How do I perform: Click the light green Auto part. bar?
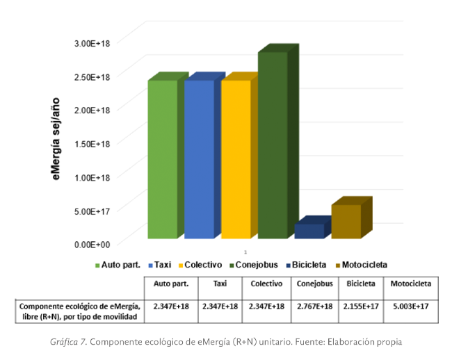coord(162,159)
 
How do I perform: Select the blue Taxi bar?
coord(199,159)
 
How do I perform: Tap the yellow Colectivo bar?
coord(236,159)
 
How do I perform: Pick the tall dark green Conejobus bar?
coord(273,145)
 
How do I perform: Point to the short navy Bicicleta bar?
coord(309,231)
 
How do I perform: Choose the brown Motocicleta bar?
coord(346,221)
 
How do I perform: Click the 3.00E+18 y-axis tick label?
coord(92,43)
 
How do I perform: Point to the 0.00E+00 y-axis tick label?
coord(92,244)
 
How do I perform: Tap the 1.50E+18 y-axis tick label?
coord(92,143)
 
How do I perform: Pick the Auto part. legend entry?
coord(118,265)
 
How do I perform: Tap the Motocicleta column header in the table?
coord(410,284)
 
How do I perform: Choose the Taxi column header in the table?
coord(220,284)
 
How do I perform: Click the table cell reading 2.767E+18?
coord(316,306)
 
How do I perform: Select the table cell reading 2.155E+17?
coord(361,306)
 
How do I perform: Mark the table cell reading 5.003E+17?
coord(410,306)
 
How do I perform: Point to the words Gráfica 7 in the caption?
coord(68,342)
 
